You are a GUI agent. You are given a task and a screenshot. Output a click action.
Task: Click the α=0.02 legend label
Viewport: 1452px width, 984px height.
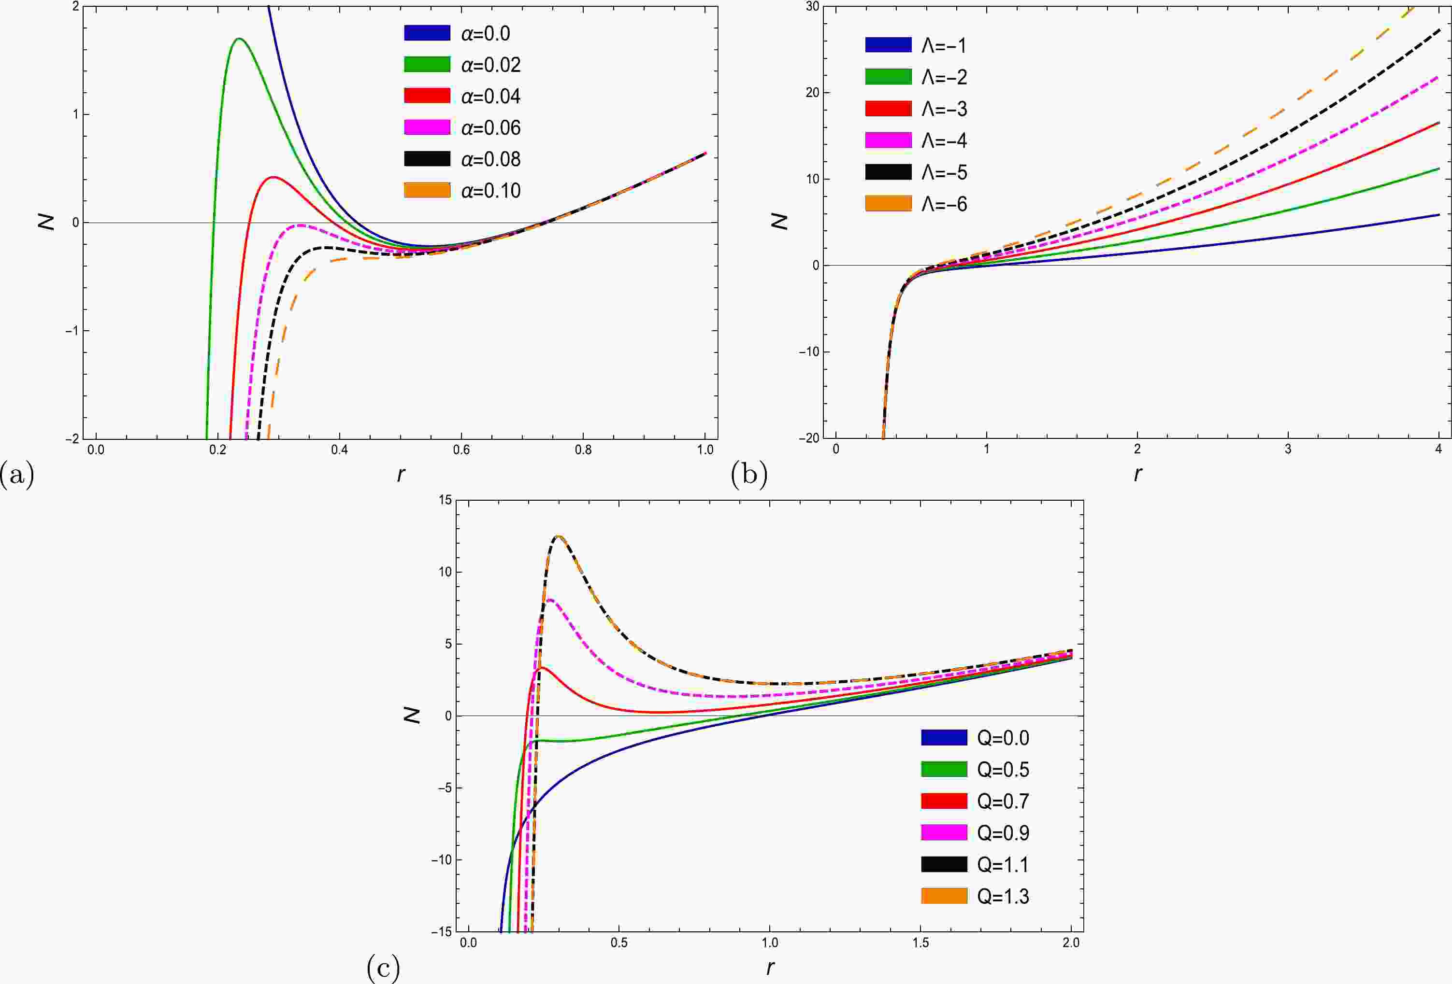(490, 65)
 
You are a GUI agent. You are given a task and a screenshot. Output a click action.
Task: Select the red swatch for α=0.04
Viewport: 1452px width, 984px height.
(427, 96)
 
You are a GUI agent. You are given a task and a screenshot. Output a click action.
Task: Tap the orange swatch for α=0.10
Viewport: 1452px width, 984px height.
(427, 190)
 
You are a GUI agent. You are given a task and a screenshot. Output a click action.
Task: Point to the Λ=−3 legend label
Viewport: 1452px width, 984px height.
(944, 109)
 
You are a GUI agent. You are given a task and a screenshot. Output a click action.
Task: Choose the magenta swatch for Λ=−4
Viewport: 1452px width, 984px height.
(888, 141)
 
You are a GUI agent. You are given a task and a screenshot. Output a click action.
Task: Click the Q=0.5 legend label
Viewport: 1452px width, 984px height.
(1003, 770)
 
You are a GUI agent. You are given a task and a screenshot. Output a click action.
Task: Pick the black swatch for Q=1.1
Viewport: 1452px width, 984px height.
(943, 864)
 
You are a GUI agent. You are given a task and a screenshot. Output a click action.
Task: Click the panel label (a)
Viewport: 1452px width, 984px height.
(17, 475)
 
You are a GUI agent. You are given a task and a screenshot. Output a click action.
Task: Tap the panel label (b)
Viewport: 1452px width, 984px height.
(748, 475)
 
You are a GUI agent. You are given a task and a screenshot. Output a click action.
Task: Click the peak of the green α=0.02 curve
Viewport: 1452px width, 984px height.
(239, 39)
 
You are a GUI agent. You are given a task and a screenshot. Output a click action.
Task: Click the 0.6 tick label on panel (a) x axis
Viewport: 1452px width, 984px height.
(461, 450)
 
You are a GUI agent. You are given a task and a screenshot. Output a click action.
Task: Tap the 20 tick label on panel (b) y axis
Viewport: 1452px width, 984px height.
(812, 92)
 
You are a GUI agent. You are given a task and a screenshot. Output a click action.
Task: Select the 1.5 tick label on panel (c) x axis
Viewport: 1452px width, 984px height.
(920, 943)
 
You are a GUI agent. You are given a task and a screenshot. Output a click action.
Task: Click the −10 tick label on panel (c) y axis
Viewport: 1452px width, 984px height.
(441, 860)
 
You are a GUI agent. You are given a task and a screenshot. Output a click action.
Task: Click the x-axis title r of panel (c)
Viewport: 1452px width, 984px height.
(770, 967)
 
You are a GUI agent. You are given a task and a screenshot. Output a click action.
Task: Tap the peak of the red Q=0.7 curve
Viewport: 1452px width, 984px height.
(542, 668)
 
